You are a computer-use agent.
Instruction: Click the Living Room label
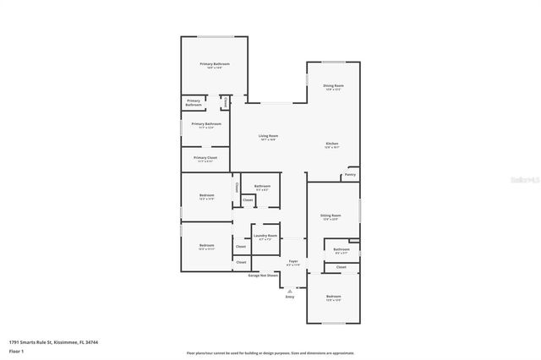pos(268,136)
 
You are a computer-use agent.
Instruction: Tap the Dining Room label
pos(333,85)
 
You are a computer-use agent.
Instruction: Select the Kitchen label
pos(332,144)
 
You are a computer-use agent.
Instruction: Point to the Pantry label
pos(350,175)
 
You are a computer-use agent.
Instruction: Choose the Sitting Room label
pos(331,215)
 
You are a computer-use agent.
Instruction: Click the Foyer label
pos(293,261)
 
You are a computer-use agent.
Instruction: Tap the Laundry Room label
pos(265,236)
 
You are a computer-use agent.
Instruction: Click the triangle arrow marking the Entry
pos(290,290)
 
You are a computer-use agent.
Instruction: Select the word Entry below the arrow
pos(290,297)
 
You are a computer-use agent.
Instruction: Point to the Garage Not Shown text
pos(263,275)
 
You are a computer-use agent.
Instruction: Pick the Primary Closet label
pos(205,157)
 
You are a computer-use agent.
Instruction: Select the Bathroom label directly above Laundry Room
pos(262,186)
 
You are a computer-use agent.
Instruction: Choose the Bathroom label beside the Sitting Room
pos(341,249)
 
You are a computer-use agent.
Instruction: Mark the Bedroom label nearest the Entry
pos(333,297)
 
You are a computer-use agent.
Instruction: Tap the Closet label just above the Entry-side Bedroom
pos(341,267)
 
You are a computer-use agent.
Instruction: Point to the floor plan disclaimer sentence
pos(270,352)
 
